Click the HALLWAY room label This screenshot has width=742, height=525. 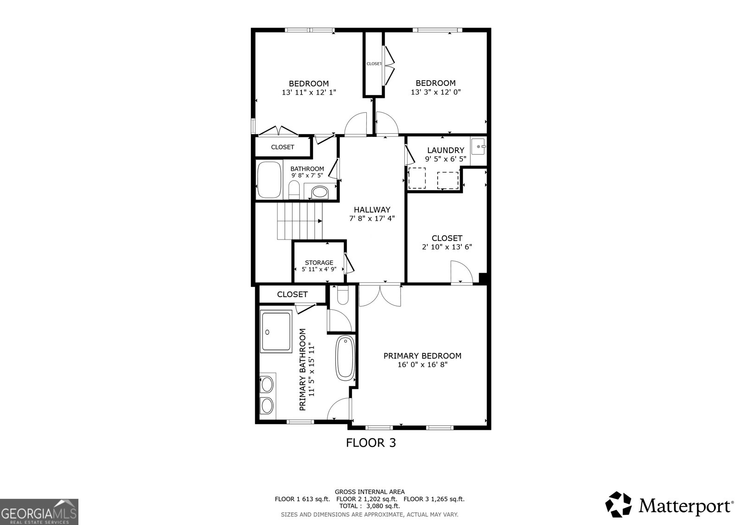pos(372,210)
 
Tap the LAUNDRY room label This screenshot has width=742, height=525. pos(445,150)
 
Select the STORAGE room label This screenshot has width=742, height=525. pos(319,263)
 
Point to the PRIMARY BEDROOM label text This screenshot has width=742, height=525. pos(422,356)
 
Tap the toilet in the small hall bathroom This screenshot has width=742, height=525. pos(294,189)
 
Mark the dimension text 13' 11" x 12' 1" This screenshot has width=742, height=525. pos(309,92)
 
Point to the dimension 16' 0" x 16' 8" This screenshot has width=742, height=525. pos(422,365)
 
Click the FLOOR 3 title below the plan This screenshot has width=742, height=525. pos(371,443)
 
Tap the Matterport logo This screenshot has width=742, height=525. pos(669,505)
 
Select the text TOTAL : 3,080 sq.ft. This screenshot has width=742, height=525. pos(369,506)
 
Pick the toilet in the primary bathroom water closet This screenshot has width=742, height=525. pos(342,296)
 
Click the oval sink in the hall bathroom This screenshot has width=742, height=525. pos(319,191)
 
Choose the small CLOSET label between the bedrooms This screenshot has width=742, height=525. pos(374,64)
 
